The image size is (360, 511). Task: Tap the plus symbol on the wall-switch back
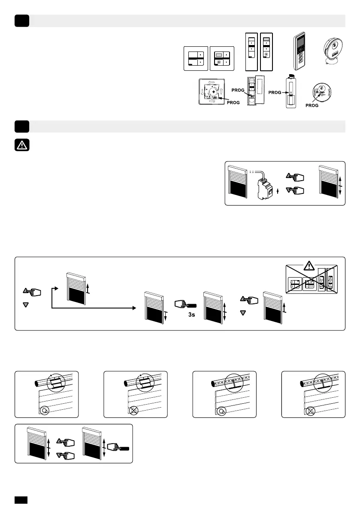point(213,93)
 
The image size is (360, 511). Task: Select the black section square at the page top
point(21,21)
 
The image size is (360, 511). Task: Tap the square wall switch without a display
point(196,58)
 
